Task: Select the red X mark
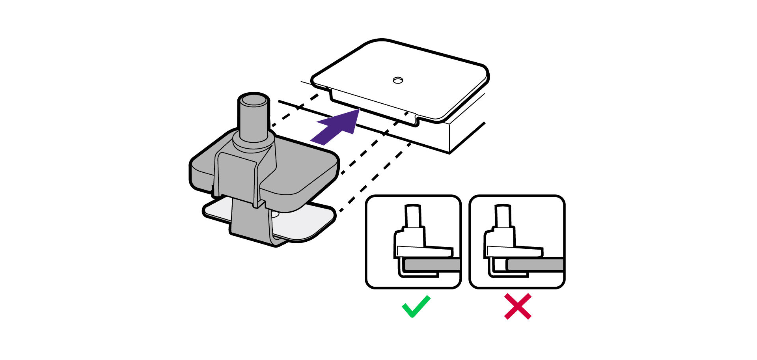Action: pos(518,306)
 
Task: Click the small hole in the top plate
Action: pos(398,80)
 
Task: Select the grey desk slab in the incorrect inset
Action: pos(536,265)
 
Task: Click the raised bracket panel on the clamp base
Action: pos(237,173)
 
